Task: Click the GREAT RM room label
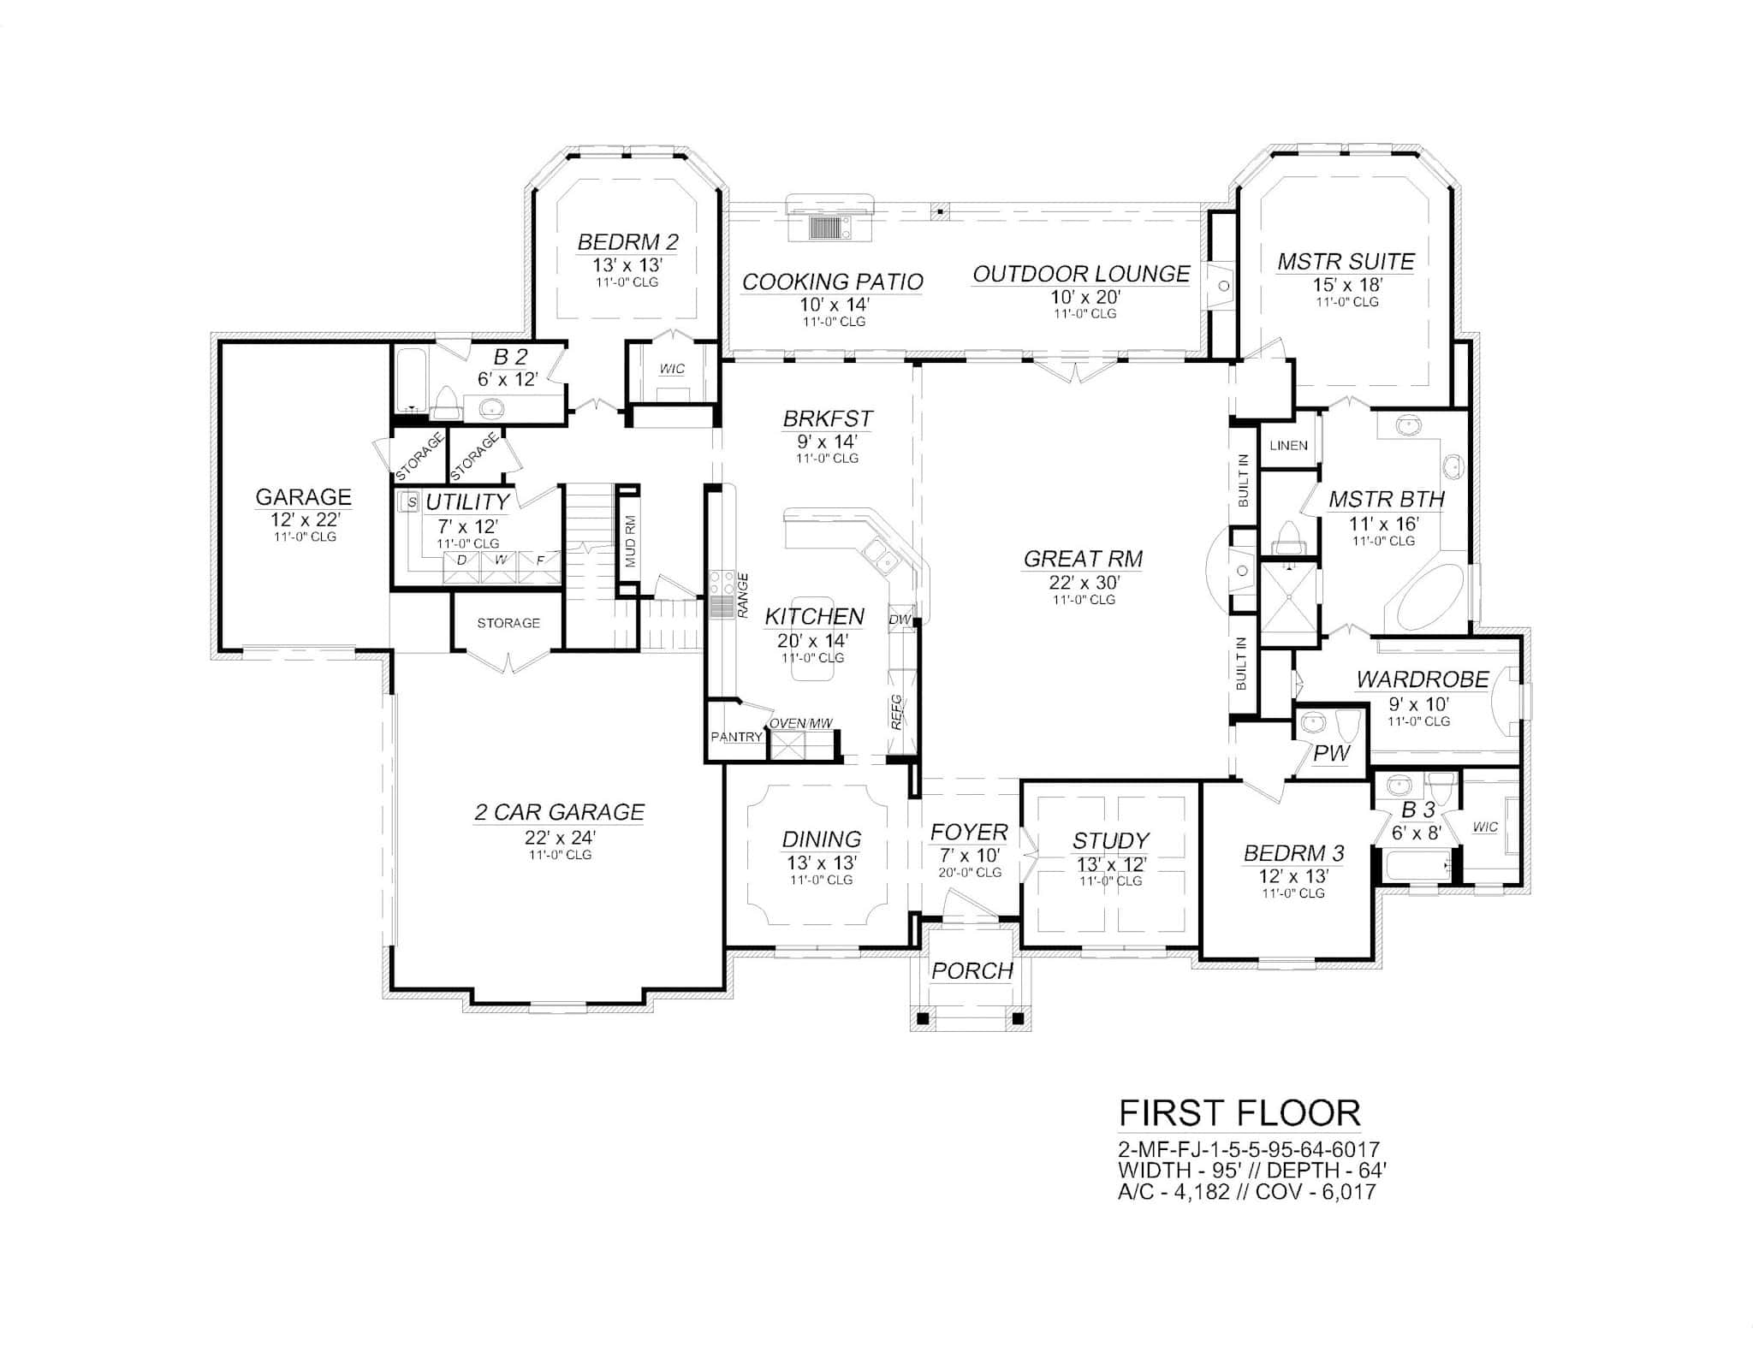tap(1083, 559)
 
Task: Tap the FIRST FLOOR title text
tap(1239, 1113)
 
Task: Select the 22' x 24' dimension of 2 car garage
tap(560, 837)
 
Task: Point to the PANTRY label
tap(736, 737)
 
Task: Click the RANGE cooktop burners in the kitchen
tap(722, 584)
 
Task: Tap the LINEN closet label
tap(1288, 445)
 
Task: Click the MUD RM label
tap(630, 541)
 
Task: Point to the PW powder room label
tap(1332, 753)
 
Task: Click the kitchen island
tap(813, 638)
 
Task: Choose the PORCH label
tap(972, 970)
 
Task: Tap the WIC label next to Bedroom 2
tap(672, 369)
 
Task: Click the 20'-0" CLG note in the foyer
tap(970, 873)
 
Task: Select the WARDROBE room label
tap(1423, 679)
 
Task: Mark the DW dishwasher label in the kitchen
tap(900, 619)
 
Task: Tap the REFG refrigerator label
tap(896, 712)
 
